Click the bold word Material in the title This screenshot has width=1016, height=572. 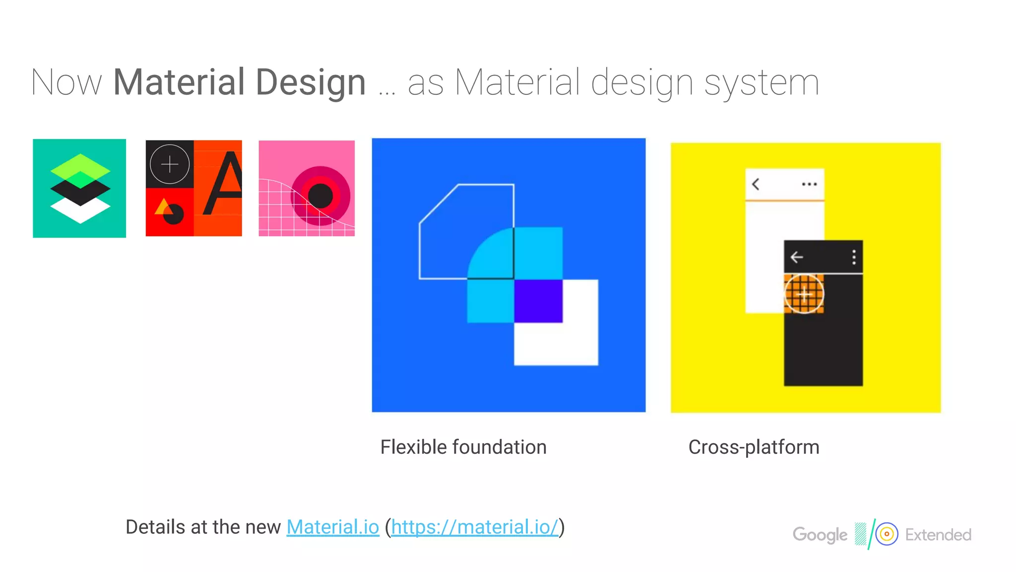[179, 82]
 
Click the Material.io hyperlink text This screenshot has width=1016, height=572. [332, 527]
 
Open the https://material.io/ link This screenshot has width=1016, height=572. [475, 527]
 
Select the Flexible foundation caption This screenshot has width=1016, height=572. [463, 447]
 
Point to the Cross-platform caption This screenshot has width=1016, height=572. [754, 447]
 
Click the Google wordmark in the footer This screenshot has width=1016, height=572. [820, 535]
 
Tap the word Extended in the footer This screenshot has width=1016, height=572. [938, 535]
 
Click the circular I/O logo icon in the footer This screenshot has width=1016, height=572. [887, 534]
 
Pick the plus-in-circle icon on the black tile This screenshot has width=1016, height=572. [170, 164]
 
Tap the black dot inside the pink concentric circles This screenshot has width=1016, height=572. [320, 196]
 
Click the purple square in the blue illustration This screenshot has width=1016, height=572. [538, 301]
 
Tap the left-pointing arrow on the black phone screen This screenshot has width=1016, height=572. [797, 257]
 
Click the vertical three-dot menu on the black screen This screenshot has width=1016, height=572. [854, 257]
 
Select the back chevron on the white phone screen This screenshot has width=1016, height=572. [756, 184]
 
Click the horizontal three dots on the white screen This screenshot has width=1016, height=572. [809, 184]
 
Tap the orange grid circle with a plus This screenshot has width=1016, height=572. [804, 294]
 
